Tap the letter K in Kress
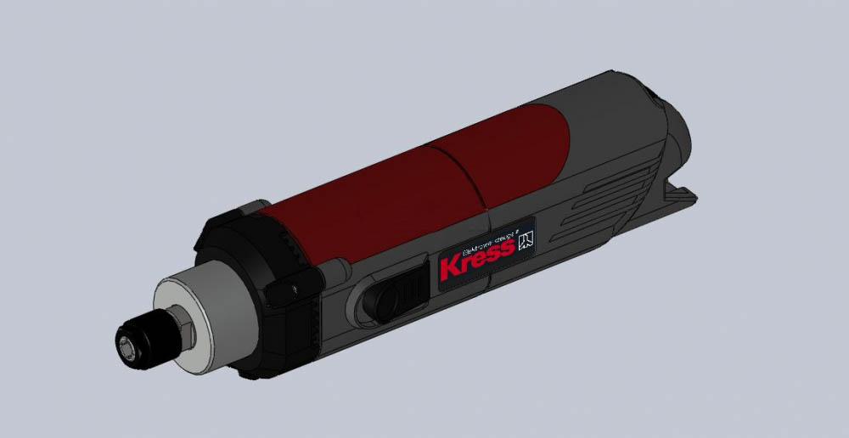pyautogui.click(x=451, y=267)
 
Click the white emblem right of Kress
pyautogui.click(x=526, y=239)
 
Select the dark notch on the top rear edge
pyautogui.click(x=654, y=86)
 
